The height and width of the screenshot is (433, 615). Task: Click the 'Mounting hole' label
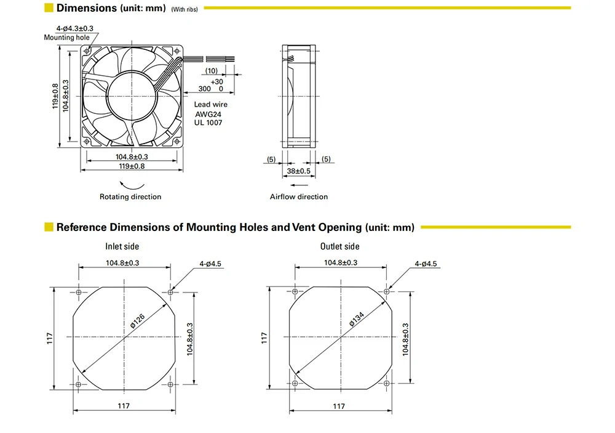point(66,38)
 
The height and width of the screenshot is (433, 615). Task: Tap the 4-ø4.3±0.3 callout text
point(75,28)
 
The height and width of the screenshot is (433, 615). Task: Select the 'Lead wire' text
point(210,104)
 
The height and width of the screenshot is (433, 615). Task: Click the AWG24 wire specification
point(208,115)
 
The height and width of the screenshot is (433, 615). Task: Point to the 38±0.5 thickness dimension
point(298,171)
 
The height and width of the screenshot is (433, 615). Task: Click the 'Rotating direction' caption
point(130,196)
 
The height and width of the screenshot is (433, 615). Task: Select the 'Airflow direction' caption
point(299,196)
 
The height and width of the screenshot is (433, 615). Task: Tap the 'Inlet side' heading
point(122,246)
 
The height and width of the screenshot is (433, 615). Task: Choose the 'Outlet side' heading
point(339,246)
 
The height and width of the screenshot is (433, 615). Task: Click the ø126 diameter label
point(137,321)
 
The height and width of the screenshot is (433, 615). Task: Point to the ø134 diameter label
point(357,319)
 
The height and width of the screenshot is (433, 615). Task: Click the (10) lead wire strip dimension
point(212,71)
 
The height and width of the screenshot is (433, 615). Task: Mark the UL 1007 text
point(208,123)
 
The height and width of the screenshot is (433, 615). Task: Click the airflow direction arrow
point(299,185)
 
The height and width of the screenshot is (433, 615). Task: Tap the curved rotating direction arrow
point(132,185)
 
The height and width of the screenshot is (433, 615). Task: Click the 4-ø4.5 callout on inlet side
point(210,264)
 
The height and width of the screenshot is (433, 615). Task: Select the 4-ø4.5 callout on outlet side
point(426,264)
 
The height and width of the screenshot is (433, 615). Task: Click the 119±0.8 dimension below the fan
point(132,166)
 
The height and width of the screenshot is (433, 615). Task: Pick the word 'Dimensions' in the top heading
point(87,8)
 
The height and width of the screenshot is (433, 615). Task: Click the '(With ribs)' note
point(184,9)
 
